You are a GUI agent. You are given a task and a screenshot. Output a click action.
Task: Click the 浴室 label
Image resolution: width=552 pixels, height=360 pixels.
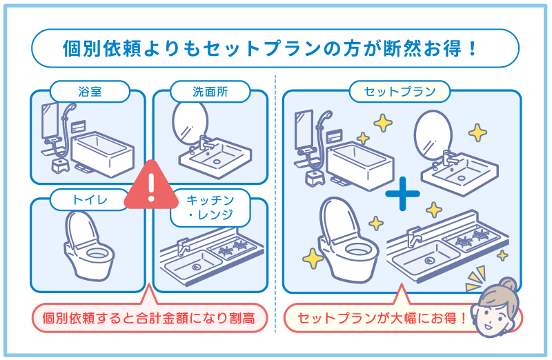point(90,91)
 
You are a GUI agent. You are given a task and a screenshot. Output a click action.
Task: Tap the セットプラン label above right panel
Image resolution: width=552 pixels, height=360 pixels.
point(400,91)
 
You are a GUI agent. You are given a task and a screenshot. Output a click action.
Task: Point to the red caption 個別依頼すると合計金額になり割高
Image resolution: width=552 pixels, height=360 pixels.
point(148,319)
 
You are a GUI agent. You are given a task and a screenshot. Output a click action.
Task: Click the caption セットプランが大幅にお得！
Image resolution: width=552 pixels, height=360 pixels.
point(379,319)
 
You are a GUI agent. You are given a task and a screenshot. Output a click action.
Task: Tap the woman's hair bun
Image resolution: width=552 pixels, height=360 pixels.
point(509,283)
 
